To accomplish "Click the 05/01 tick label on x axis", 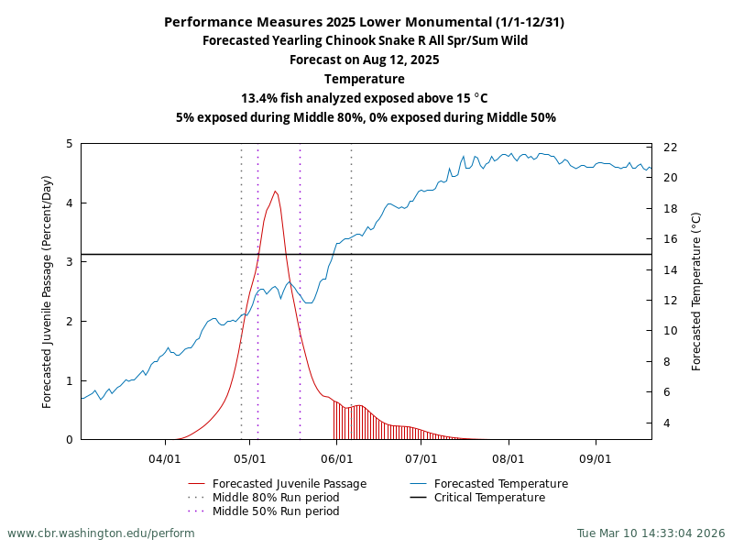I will coord(250,456).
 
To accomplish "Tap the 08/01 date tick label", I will coord(508,456).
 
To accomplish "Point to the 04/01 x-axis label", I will coord(165,456).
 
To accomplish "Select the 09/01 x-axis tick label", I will coord(595,456).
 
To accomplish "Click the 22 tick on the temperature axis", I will coord(670,148).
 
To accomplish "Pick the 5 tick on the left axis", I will coord(70,144).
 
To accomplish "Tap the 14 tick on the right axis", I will coord(670,269).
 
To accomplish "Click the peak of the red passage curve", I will coord(275,192).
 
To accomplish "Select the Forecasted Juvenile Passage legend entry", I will coord(289,484).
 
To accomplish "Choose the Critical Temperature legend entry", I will coord(489,498).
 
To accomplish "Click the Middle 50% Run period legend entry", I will coord(275,511).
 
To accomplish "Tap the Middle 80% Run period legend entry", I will coord(275,498).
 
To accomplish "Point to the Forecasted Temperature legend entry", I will coord(500,484).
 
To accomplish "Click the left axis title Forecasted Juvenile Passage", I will coord(48,291).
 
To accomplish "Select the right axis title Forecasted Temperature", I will coord(696,291).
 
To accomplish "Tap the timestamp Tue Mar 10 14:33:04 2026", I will coord(651,533).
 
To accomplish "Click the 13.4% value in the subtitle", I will coord(260,98).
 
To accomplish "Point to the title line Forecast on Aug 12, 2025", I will coord(365,60).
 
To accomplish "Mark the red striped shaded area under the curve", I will coord(366,423).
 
